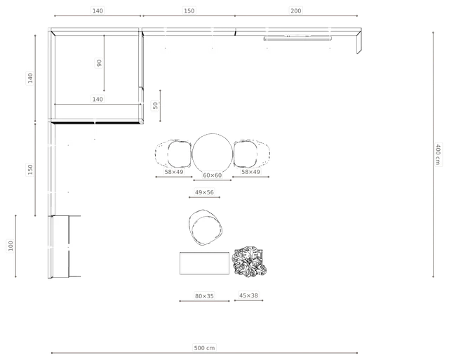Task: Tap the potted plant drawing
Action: click(x=249, y=262)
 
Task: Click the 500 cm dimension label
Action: click(x=204, y=348)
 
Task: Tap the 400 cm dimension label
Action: click(x=438, y=154)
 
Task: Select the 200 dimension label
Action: click(x=296, y=11)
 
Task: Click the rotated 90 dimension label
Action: click(x=99, y=63)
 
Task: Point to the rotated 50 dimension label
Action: click(x=155, y=105)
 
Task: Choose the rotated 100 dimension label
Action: click(x=11, y=246)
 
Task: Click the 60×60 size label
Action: click(x=212, y=175)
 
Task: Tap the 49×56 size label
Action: click(x=204, y=192)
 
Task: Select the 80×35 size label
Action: click(x=204, y=296)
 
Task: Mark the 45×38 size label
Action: click(x=248, y=295)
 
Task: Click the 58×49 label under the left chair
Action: click(x=174, y=172)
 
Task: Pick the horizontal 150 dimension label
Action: click(x=189, y=11)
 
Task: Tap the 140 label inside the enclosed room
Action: click(x=98, y=99)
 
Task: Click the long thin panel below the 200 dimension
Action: click(x=297, y=39)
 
